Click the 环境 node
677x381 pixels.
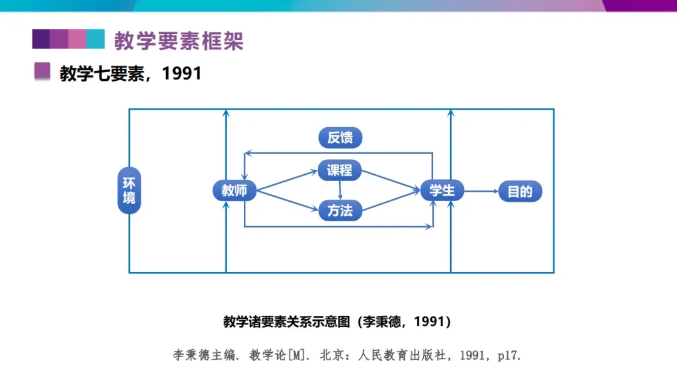coord(129,190)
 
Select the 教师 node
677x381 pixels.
coord(234,190)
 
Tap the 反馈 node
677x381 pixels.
coord(340,138)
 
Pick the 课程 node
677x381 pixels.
coord(340,170)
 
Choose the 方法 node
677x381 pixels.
coord(340,211)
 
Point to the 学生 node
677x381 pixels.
coord(442,190)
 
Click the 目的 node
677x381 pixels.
coord(520,191)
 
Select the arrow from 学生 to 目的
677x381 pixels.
coord(481,190)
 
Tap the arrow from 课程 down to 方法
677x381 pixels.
coord(340,190)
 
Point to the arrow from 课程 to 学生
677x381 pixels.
coord(391,180)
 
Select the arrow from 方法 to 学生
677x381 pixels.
coord(391,201)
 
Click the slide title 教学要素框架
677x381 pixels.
coord(179,41)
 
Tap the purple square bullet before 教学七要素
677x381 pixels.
coord(42,71)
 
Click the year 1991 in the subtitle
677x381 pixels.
coord(182,73)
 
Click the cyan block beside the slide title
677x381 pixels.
coord(95,39)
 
